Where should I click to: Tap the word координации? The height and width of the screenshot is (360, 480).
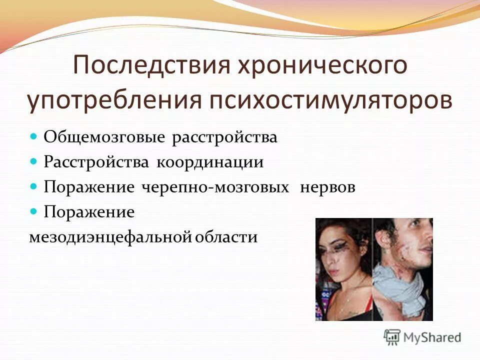click(x=210, y=162)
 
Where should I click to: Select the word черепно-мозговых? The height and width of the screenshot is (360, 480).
click(x=215, y=187)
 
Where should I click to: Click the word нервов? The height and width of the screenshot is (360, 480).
click(x=327, y=187)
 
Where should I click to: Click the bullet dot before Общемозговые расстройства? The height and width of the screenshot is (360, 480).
click(x=34, y=136)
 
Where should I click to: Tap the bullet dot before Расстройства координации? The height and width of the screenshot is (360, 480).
click(x=34, y=161)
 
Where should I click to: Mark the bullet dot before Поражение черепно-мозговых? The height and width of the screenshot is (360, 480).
click(x=34, y=186)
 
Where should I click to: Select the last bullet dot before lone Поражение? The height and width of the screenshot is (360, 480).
click(x=34, y=211)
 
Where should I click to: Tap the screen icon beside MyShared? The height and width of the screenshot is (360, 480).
click(x=392, y=336)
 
